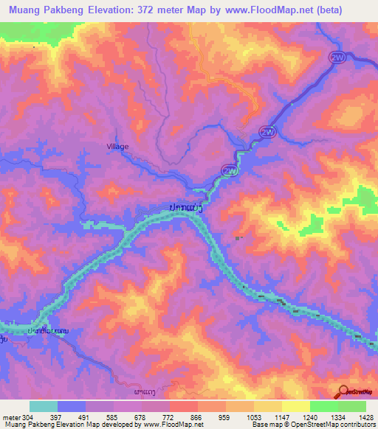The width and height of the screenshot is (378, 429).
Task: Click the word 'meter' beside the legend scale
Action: click(10, 417)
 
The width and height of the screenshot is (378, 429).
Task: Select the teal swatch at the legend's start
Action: click(44, 406)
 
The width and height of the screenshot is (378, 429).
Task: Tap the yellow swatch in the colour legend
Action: click(296, 406)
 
